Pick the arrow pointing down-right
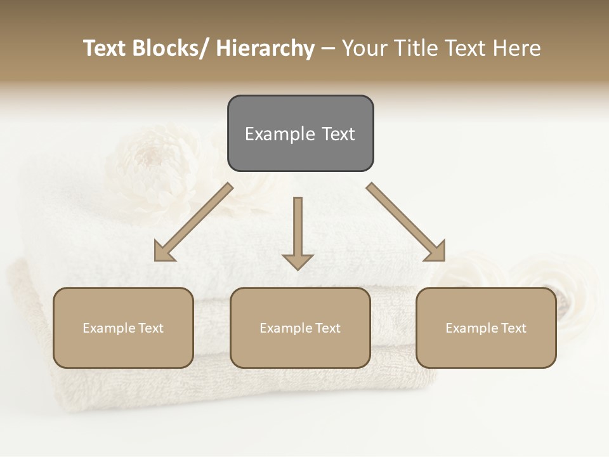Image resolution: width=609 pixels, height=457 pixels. click(x=406, y=222)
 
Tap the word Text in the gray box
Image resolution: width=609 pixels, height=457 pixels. click(x=338, y=134)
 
